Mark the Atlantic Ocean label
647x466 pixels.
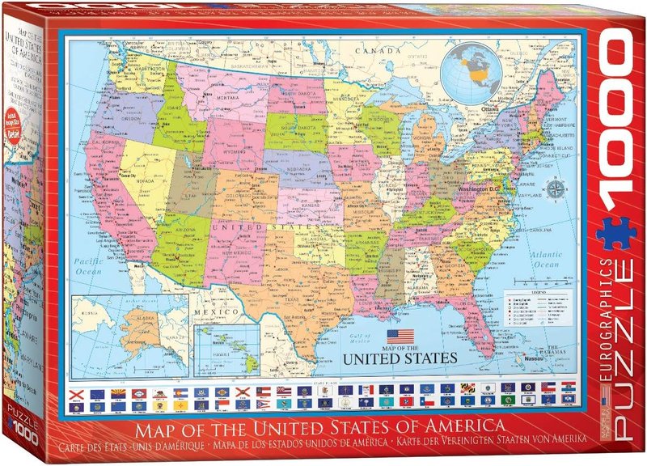[x=541, y=258]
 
